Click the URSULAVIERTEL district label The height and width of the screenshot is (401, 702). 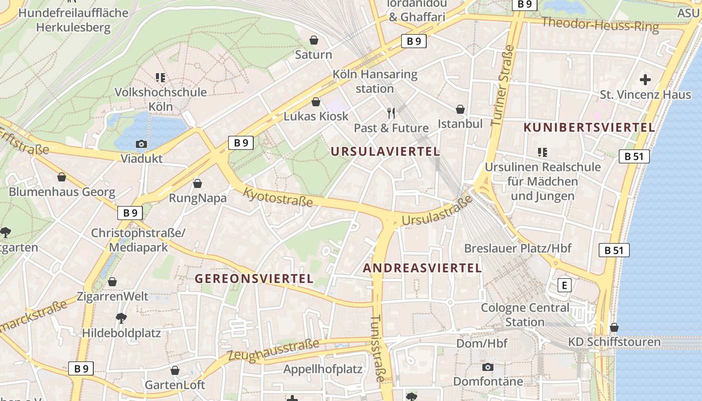[x=385, y=151]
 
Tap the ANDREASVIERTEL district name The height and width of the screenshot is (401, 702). [x=422, y=268]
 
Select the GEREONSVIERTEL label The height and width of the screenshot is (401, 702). [x=254, y=279]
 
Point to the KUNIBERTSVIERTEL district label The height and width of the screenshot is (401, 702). [x=589, y=127]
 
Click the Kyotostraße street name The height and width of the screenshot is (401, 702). [x=278, y=197]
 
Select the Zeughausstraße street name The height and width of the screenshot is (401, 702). [x=273, y=350]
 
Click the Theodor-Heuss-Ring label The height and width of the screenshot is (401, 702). [x=600, y=24]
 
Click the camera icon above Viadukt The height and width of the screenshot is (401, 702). [x=141, y=144]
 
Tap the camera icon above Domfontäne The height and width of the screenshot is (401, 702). [x=488, y=367]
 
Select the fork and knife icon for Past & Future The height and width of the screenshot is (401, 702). [x=392, y=113]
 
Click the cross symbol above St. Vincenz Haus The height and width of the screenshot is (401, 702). [x=645, y=80]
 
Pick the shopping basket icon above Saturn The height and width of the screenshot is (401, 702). [x=314, y=40]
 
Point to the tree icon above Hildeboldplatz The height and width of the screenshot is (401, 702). [x=121, y=318]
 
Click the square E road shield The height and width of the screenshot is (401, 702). [x=565, y=286]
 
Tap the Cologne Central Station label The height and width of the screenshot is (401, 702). [x=525, y=314]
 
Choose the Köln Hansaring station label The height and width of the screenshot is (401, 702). [x=375, y=82]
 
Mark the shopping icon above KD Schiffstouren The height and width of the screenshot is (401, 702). [x=614, y=327]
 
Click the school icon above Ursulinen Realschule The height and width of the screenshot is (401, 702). [x=543, y=152]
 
